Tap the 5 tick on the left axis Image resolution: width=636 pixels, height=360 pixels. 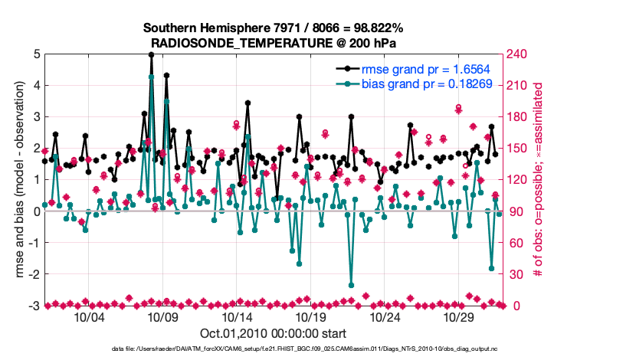36,54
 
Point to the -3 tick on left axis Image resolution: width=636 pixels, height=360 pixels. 34,306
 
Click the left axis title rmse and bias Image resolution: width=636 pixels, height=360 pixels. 15,180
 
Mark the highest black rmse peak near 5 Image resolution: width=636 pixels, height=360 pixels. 152,55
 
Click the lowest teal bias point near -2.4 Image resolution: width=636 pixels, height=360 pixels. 351,285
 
